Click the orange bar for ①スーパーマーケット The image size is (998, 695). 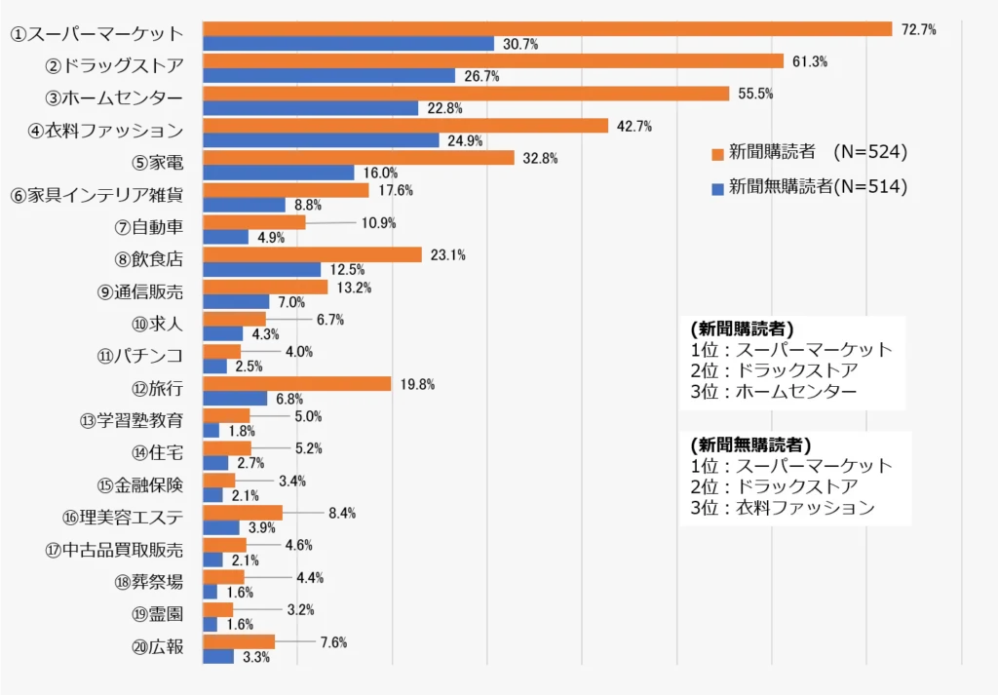pos(547,29)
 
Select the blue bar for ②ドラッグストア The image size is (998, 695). pos(328,76)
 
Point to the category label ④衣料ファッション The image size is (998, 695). pos(105,131)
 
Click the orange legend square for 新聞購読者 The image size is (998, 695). pos(717,153)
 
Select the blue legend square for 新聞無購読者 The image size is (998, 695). pos(717,188)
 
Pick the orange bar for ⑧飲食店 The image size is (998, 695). pos(312,254)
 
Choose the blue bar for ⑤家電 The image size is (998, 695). pos(278,173)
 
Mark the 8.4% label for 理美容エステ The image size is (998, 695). pos(342,513)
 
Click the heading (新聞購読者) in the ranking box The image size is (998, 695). pos(741,328)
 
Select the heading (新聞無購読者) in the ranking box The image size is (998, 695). pos(748,444)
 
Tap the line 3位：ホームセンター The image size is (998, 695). pos(773,392)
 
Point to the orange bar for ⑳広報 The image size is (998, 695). pos(239,641)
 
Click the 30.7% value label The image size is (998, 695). pos(520,45)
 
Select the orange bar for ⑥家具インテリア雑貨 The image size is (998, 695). pos(286,190)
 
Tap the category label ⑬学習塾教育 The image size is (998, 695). pos(132,421)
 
